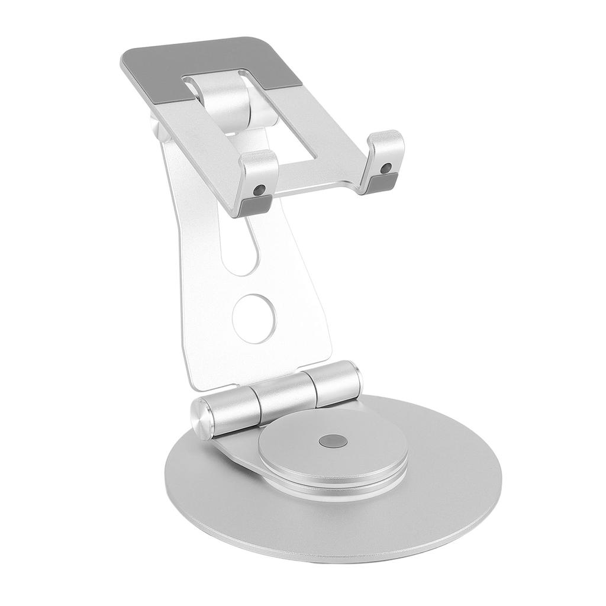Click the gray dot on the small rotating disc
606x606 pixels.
click(x=331, y=441)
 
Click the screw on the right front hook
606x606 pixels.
click(x=386, y=168)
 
